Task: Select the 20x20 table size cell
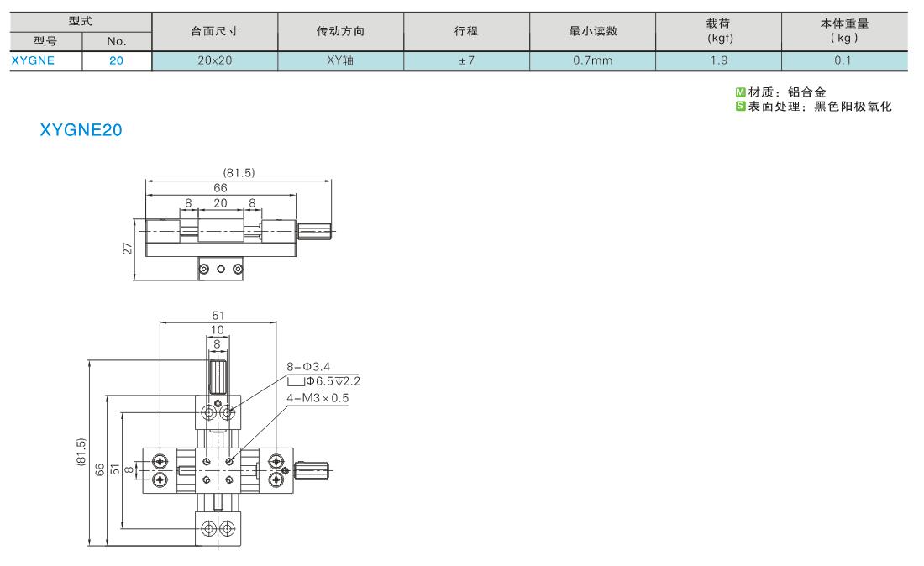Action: (214, 60)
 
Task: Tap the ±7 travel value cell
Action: (467, 60)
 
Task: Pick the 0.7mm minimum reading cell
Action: (593, 60)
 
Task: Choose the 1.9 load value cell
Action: (719, 60)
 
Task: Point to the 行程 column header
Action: (465, 30)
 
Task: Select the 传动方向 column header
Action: (340, 30)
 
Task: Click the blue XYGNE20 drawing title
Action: (81, 129)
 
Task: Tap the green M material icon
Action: (741, 92)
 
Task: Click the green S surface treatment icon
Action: (741, 106)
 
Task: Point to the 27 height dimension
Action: (128, 249)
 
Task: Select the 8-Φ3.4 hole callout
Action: (308, 367)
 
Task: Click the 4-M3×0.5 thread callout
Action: (318, 398)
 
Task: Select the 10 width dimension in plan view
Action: (218, 330)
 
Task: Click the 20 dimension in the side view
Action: (220, 203)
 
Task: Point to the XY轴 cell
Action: (340, 60)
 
